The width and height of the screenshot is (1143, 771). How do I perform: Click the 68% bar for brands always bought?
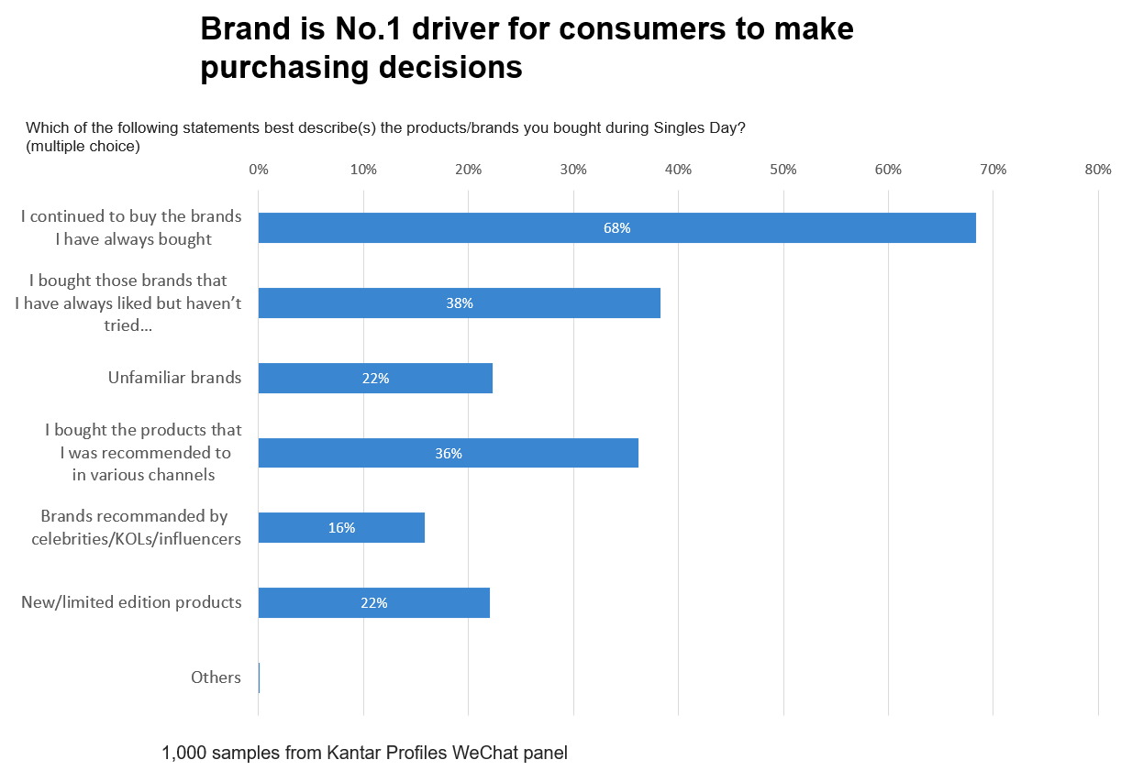click(x=616, y=228)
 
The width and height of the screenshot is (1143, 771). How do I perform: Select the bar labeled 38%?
click(x=459, y=303)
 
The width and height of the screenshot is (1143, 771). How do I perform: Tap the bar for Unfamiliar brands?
click(x=375, y=378)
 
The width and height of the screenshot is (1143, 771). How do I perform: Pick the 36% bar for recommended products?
click(x=448, y=453)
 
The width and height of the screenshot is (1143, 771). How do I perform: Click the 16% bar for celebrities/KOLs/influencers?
click(x=341, y=528)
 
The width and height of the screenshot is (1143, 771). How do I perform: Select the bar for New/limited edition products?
click(x=373, y=603)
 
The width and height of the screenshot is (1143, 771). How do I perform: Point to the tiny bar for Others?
click(x=260, y=677)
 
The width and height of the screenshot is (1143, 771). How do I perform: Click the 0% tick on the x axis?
click(x=259, y=170)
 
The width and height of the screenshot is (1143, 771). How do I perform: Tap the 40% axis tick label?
click(x=678, y=170)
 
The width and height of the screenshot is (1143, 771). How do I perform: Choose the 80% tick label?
click(x=1097, y=170)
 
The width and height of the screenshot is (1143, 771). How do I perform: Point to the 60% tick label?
click(x=888, y=170)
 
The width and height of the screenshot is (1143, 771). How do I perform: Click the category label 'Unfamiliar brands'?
click(x=174, y=378)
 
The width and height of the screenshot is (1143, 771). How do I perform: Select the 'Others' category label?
click(x=216, y=677)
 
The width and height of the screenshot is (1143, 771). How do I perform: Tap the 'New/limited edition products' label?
click(x=131, y=602)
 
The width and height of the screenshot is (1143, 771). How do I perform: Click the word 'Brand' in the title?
click(x=239, y=29)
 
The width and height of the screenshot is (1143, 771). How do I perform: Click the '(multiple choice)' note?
click(x=83, y=146)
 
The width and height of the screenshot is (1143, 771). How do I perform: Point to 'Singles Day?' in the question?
click(x=699, y=128)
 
